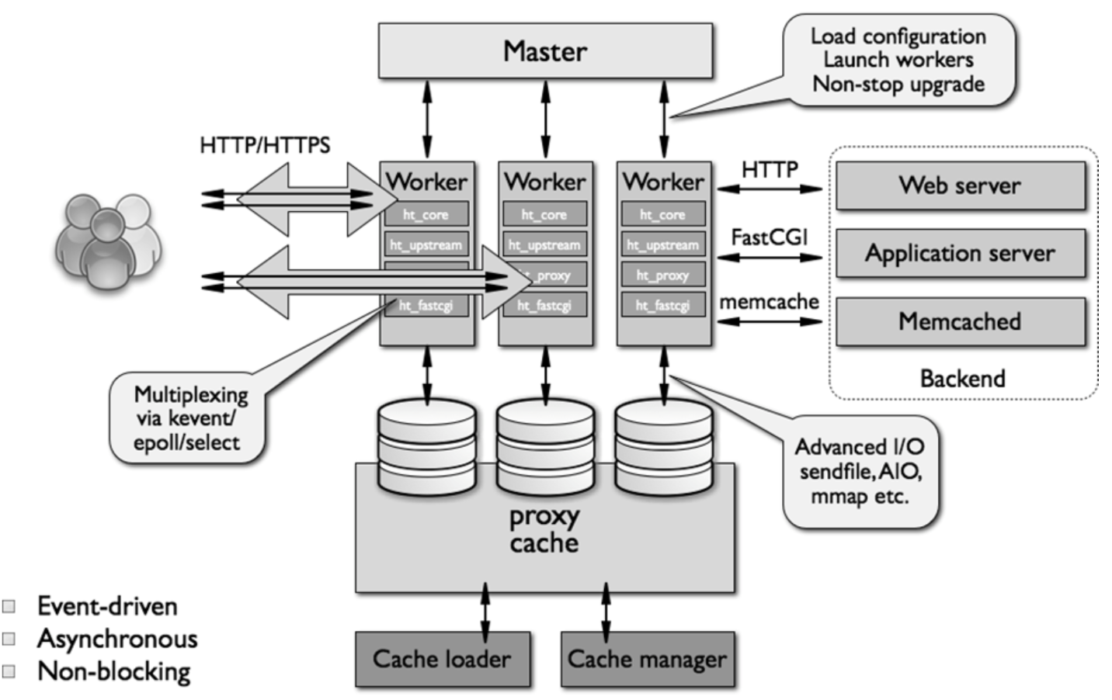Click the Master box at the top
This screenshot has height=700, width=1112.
pos(545,51)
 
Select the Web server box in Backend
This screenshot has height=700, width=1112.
pos(960,185)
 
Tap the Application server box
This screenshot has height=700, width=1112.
pos(960,253)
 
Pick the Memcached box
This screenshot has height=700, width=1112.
pos(960,321)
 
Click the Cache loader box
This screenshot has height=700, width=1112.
pos(442,659)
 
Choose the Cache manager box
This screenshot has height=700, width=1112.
pos(647,659)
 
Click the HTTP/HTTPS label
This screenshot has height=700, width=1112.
pos(264,145)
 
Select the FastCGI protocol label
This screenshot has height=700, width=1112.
pos(769,237)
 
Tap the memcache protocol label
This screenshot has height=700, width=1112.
pos(769,301)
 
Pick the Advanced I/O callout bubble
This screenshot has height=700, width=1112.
pos(860,471)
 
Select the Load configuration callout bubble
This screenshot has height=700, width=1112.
pos(898,60)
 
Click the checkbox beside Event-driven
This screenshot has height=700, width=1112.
pos(9,606)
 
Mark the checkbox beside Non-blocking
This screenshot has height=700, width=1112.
pos(9,671)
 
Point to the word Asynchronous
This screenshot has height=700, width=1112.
pos(117,639)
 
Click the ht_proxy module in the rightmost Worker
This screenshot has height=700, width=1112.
pos(663,275)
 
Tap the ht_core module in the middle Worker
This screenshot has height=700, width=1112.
pos(544,214)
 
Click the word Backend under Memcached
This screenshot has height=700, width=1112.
pos(962,379)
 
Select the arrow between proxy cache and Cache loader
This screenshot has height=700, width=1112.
pos(485,612)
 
